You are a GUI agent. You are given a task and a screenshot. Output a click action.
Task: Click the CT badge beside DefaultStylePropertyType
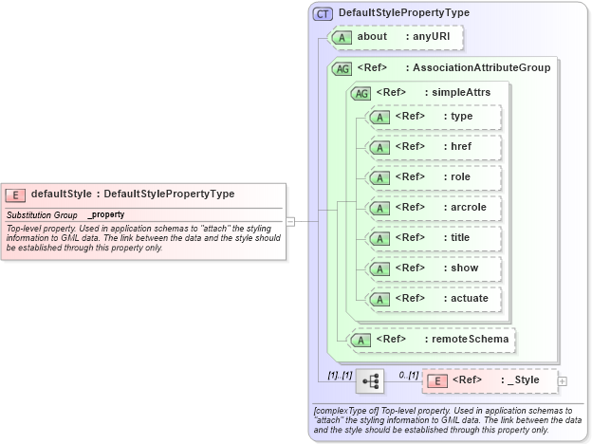323,13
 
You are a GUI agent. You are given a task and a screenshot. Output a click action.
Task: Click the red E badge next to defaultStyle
15,194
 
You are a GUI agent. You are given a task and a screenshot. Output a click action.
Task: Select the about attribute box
395,37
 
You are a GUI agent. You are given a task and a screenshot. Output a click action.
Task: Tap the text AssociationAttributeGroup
477,68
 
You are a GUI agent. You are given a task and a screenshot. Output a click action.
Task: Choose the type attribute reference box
433,117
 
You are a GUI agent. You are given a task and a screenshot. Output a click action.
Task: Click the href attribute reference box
433,147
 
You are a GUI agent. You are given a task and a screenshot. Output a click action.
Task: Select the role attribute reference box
433,177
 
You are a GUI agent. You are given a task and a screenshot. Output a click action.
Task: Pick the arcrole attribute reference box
433,208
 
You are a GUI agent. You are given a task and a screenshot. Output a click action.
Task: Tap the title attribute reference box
433,238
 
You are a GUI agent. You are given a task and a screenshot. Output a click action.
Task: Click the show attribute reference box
433,268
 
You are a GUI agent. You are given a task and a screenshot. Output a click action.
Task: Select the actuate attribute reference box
433,299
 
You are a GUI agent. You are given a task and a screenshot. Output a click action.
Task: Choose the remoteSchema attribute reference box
433,339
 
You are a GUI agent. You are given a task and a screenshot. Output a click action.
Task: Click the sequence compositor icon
370,381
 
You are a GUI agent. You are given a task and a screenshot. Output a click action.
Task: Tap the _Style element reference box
488,380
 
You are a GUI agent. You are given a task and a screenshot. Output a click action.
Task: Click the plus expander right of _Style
563,381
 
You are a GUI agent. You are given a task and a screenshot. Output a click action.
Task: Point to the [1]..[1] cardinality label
338,375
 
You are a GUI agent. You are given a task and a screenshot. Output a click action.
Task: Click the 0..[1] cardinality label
408,375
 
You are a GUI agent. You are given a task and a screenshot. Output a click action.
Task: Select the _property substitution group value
105,214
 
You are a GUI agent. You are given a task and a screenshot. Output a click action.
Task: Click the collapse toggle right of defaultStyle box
290,221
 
